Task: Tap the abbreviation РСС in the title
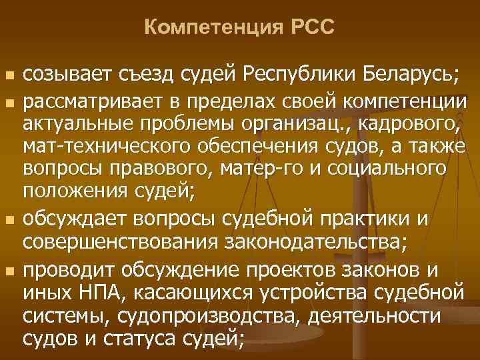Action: point(311,28)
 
